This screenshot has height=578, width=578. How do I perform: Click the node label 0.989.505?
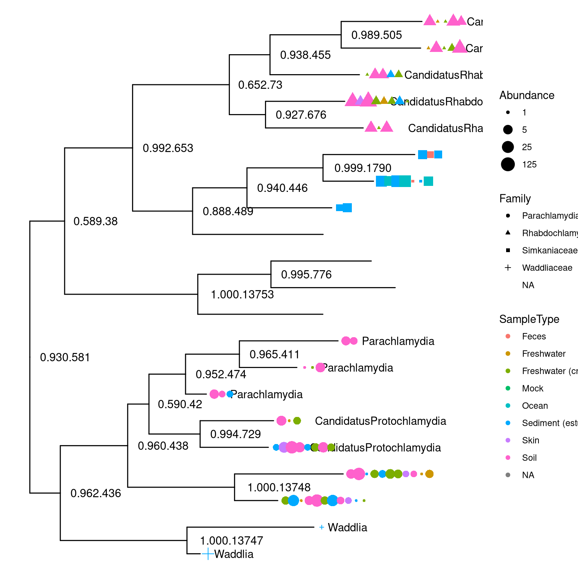(376, 35)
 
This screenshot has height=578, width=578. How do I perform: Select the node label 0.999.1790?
(363, 168)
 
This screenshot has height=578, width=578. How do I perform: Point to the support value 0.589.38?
(95, 221)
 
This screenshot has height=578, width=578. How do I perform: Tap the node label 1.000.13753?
(242, 294)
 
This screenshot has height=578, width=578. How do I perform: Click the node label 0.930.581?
(65, 357)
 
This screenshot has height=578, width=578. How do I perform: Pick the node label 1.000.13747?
(231, 541)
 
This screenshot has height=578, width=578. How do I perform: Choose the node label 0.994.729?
(235, 434)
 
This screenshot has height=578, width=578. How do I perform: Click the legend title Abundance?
(526, 95)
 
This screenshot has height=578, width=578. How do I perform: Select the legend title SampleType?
(529, 319)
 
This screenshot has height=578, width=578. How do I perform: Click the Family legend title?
(515, 198)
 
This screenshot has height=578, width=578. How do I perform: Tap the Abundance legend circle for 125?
(508, 164)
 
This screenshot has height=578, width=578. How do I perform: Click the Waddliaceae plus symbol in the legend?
(508, 268)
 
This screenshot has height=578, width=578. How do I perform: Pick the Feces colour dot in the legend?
(508, 336)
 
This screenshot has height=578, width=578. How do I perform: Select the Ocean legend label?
(535, 406)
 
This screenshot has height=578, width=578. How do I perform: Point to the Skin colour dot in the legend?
(508, 440)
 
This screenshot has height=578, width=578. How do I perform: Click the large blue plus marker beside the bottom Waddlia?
(208, 554)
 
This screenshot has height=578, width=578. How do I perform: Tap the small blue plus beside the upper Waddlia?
(321, 527)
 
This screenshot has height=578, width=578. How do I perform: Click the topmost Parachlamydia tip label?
(398, 341)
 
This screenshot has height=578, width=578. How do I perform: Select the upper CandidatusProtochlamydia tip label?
(380, 421)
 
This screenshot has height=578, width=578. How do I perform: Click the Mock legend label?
(532, 388)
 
